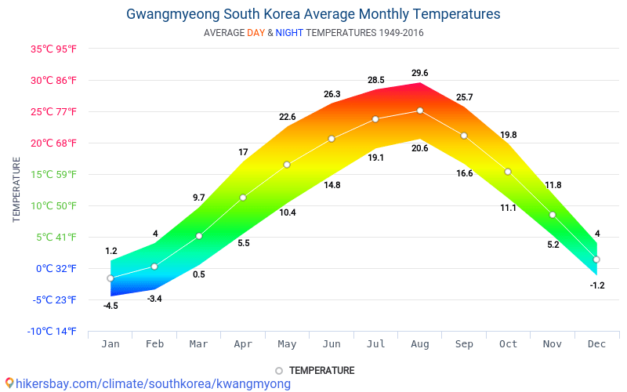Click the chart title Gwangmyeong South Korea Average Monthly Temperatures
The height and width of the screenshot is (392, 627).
[313, 14]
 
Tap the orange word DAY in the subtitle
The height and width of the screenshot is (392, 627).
[256, 33]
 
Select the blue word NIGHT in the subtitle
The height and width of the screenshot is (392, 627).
[289, 33]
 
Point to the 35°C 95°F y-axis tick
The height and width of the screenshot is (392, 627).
[54, 49]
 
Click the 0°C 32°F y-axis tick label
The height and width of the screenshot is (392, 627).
[54, 268]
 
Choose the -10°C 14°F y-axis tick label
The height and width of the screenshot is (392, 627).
[54, 331]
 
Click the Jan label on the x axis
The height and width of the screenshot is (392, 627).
[111, 343]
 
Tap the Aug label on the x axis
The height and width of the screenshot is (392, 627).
[420, 343]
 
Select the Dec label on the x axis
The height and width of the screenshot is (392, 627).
[597, 343]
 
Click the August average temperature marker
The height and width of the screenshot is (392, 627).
[420, 111]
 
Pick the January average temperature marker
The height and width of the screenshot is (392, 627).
[111, 278]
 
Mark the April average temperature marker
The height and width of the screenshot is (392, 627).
[243, 198]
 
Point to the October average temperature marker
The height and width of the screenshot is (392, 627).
[508, 172]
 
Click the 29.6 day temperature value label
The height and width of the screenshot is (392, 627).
[420, 74]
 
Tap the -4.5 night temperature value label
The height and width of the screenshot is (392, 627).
[111, 306]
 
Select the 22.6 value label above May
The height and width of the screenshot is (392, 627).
[287, 118]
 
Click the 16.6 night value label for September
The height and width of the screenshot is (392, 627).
[464, 173]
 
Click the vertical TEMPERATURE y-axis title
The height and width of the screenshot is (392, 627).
[16, 189]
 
